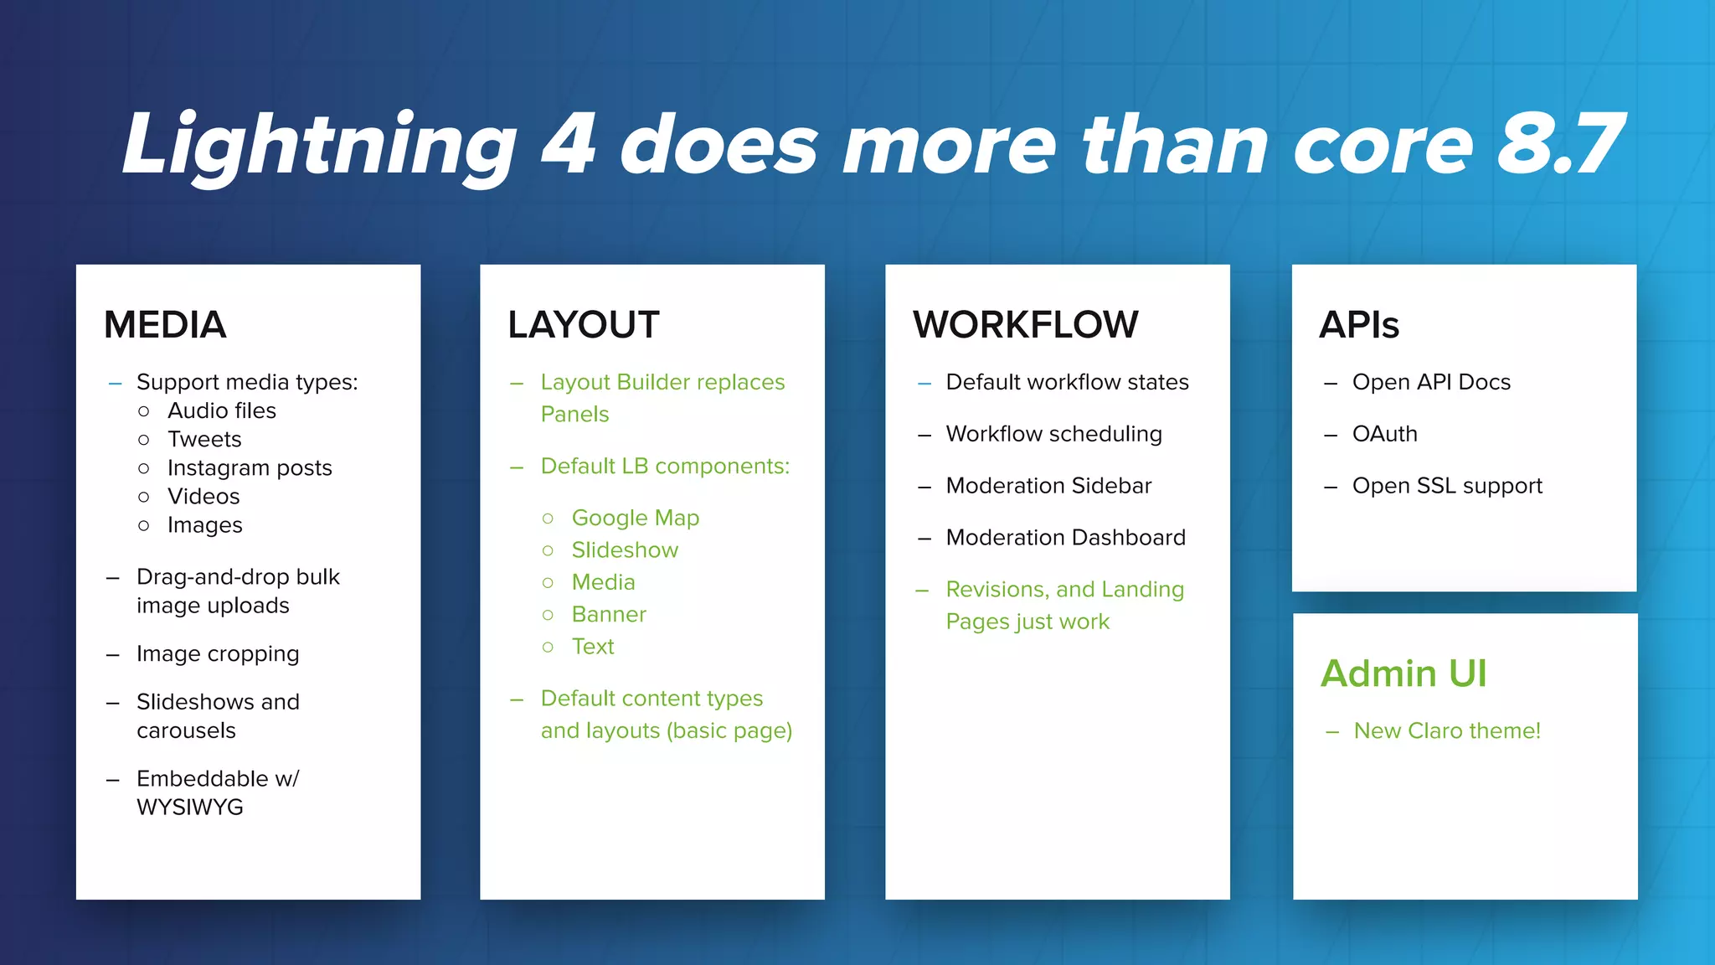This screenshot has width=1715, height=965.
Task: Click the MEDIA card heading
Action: [x=165, y=325]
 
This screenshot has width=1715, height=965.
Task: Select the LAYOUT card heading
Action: [x=583, y=325]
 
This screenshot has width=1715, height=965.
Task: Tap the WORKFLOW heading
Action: [x=1025, y=325]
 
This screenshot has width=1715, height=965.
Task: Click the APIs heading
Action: [x=1358, y=325]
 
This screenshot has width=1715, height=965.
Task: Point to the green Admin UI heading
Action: [x=1403, y=673]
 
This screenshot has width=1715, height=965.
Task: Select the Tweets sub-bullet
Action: [x=204, y=439]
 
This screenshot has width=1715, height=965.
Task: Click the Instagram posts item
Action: [x=250, y=467]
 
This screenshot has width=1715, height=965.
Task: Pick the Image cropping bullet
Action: [x=218, y=653]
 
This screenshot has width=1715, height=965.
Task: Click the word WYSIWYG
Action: [x=190, y=808]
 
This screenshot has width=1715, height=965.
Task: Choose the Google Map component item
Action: [x=635, y=518]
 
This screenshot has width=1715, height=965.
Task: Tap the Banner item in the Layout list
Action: [x=609, y=614]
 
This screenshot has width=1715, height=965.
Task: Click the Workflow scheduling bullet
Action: [x=1053, y=434]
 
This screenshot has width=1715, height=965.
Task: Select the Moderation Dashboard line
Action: [x=1065, y=538]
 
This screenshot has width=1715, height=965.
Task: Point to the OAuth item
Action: [x=1384, y=434]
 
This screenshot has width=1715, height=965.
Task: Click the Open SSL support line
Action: [x=1446, y=486]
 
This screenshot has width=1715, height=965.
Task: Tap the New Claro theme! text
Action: [x=1446, y=730]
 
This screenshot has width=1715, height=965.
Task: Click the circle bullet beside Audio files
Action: [x=144, y=411]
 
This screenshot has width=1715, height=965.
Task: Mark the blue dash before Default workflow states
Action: [x=924, y=384]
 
